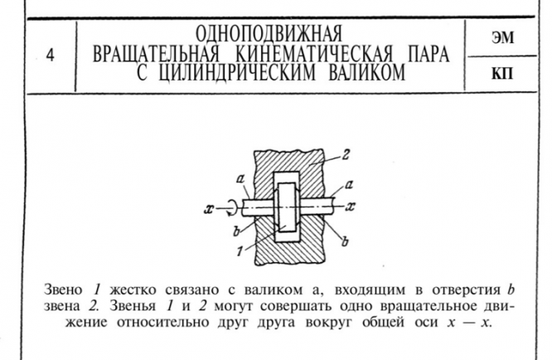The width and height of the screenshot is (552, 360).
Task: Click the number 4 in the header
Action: tap(50, 58)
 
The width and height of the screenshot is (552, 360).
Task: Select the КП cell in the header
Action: tap(502, 75)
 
